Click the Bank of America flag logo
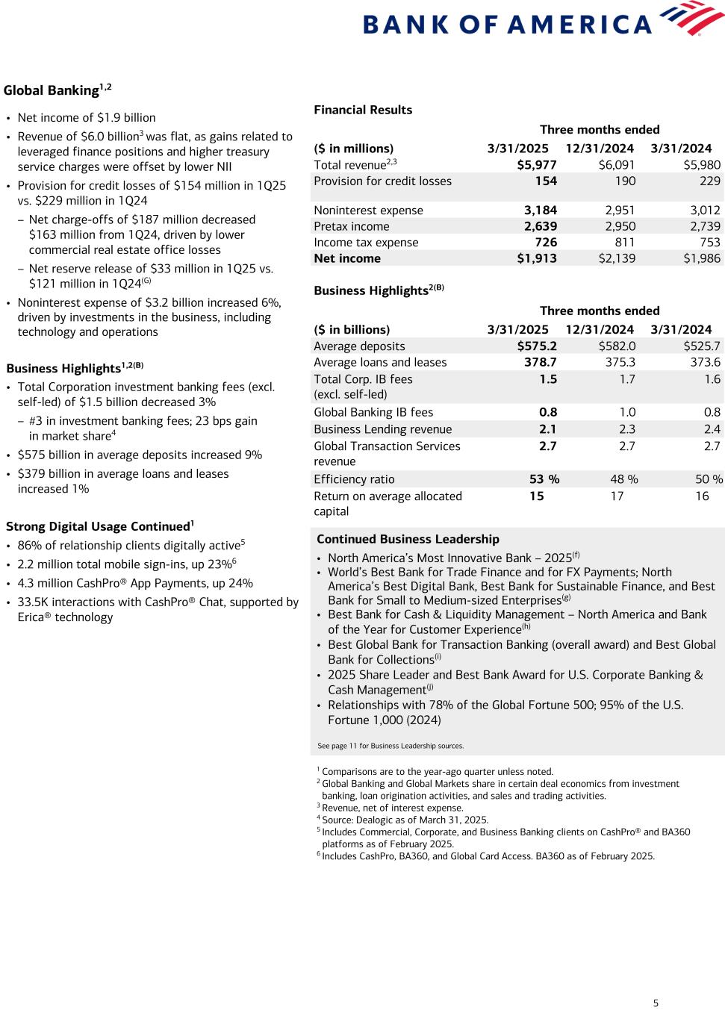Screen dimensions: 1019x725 [x=694, y=18]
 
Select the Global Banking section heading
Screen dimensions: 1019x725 [x=52, y=90]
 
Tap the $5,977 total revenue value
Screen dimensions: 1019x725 [x=537, y=165]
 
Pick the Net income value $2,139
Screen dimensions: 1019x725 [x=617, y=258]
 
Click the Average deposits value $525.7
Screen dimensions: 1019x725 [x=702, y=346]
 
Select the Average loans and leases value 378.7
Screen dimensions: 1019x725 [x=541, y=362]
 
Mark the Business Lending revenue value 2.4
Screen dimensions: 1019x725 [x=712, y=429]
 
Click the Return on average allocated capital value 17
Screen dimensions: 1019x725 [x=617, y=496]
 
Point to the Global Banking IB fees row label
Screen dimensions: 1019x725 [x=373, y=412]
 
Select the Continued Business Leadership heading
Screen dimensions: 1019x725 [x=408, y=539]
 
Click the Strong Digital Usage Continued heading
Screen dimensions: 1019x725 [x=97, y=526]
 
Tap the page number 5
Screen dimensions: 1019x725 [x=656, y=1003]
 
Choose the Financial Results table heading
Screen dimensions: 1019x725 [x=363, y=110]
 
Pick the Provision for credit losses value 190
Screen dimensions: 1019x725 [x=625, y=181]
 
